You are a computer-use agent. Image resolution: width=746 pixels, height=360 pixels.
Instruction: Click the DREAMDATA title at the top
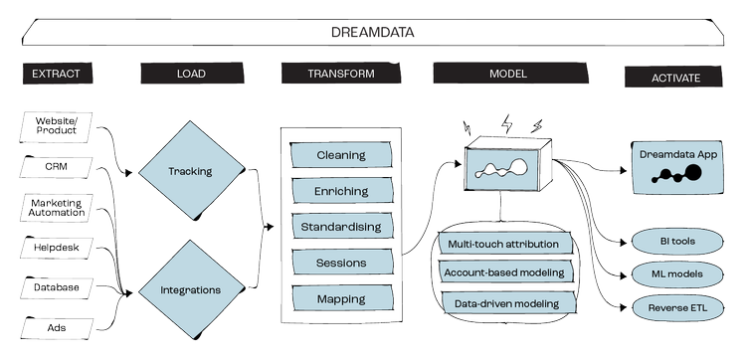[x=372, y=33]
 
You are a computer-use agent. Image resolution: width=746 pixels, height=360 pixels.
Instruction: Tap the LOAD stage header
[x=190, y=75]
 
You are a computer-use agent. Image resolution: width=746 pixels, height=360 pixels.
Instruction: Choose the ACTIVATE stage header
[x=676, y=77]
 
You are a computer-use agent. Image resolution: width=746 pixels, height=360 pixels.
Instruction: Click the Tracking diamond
[x=190, y=171]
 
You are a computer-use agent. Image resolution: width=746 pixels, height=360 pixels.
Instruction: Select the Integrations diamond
[x=190, y=290]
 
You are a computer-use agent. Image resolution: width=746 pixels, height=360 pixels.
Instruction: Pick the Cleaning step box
[x=340, y=155]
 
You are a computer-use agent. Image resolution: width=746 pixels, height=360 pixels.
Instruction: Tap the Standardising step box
[x=340, y=227]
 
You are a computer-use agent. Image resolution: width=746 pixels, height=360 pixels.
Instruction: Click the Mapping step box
[x=340, y=297]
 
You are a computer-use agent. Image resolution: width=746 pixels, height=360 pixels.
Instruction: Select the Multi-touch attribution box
[x=502, y=244]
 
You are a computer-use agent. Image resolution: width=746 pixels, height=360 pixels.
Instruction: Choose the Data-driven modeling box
[x=502, y=302]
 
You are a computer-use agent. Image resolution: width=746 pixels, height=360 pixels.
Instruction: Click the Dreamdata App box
[x=680, y=166]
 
